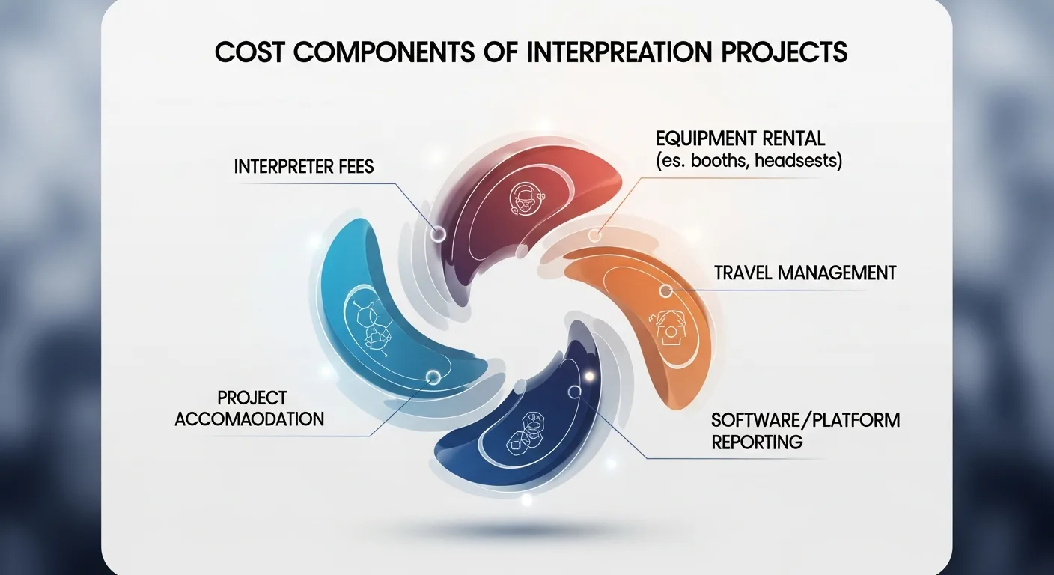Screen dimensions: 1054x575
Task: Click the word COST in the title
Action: pyautogui.click(x=249, y=52)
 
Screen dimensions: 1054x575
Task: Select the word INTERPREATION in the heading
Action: pyautogui.click(x=619, y=52)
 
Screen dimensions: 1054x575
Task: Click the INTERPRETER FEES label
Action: pyautogui.click(x=303, y=166)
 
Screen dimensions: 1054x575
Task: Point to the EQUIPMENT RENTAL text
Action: pyautogui.click(x=740, y=139)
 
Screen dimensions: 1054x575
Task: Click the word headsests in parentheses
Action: pyautogui.click(x=799, y=161)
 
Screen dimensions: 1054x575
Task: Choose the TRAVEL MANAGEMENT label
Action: pyautogui.click(x=805, y=273)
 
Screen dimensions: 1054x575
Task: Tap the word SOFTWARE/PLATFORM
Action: pyautogui.click(x=805, y=420)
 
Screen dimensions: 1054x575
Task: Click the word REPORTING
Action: pyautogui.click(x=757, y=442)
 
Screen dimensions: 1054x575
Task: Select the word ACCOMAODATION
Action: pyautogui.click(x=249, y=419)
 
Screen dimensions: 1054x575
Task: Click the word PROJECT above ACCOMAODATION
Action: pyautogui.click(x=252, y=398)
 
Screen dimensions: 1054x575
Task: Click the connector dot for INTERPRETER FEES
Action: pyautogui.click(x=438, y=233)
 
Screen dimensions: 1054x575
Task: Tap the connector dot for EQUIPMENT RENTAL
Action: pyautogui.click(x=595, y=235)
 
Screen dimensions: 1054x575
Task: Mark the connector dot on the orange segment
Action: pyautogui.click(x=665, y=290)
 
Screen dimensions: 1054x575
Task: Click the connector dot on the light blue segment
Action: pyautogui.click(x=433, y=377)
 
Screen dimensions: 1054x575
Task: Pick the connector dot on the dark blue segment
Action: pyautogui.click(x=574, y=392)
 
